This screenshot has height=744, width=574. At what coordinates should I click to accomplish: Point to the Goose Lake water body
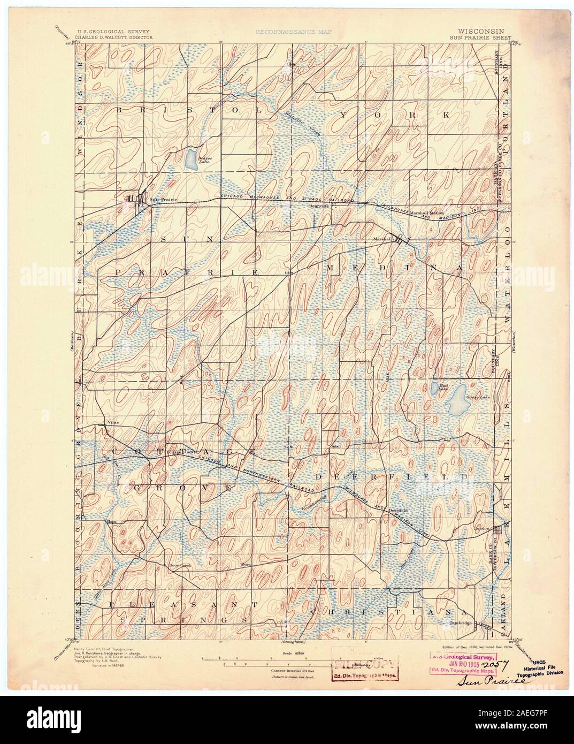coord(457,399)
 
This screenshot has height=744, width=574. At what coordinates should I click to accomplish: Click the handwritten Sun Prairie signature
coord(481,684)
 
